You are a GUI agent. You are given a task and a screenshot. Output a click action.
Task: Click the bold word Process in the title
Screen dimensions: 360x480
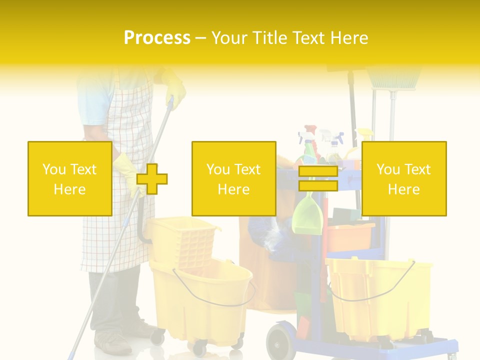157,37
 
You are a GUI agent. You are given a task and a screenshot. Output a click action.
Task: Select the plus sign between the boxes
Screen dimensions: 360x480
152,178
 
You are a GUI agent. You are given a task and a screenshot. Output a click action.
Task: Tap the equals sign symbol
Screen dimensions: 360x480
318,178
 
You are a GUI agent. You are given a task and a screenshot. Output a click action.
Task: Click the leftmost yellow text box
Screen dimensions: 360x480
69,178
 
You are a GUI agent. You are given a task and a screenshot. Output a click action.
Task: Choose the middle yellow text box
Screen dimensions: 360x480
233,178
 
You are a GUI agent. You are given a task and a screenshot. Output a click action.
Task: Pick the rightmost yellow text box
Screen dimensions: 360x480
403,178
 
